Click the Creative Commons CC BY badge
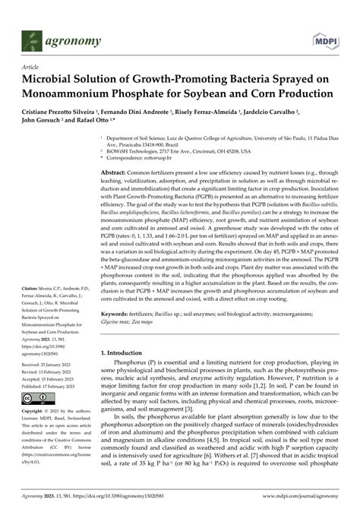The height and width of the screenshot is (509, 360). click(37, 397)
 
